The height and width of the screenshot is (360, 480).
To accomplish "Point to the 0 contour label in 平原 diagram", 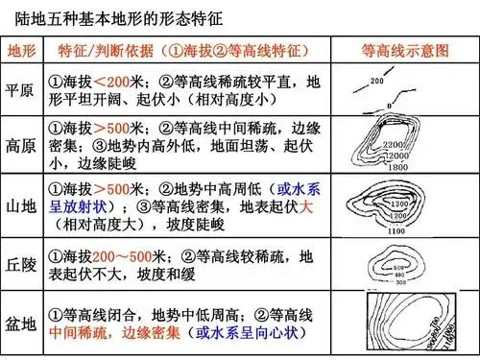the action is [x=389, y=104].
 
